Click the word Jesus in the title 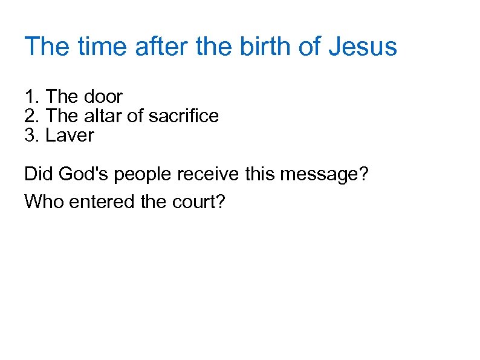(363, 47)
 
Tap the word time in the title (101, 47)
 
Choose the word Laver (70, 135)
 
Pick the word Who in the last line (44, 201)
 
